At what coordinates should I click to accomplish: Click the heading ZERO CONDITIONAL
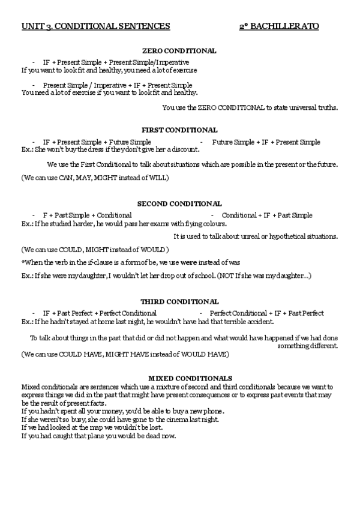click(x=179, y=52)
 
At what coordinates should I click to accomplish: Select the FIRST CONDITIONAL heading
click(x=179, y=130)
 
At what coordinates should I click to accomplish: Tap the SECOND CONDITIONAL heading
click(x=179, y=204)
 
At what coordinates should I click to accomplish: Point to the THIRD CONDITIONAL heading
click(x=179, y=302)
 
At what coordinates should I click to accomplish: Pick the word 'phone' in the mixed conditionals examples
click(x=214, y=411)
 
